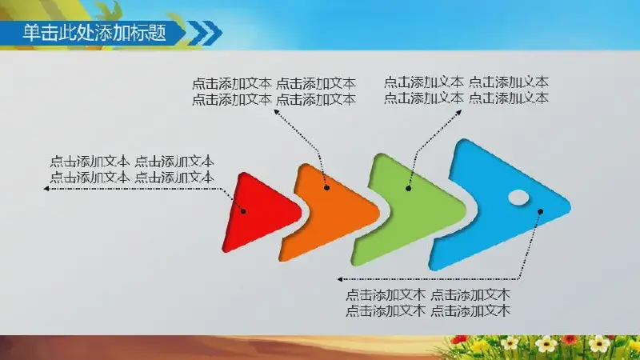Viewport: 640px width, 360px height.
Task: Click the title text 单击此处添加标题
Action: [94, 33]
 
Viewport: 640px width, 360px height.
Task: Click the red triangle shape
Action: [258, 212]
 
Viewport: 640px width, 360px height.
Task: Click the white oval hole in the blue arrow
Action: [518, 198]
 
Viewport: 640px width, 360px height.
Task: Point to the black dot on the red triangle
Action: [243, 211]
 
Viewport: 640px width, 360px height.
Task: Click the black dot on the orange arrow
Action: [326, 188]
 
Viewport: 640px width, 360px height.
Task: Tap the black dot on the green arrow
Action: [408, 188]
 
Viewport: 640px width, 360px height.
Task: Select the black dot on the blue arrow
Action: [541, 211]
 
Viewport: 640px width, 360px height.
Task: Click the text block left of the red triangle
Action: [132, 170]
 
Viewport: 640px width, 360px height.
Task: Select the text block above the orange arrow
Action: [274, 91]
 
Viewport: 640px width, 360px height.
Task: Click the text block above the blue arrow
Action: [466, 90]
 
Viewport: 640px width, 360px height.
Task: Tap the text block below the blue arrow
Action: [428, 303]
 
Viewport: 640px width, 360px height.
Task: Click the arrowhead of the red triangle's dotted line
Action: [46, 189]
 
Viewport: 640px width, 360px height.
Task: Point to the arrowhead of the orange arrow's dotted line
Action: [276, 112]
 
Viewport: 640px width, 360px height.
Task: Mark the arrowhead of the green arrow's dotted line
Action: [458, 112]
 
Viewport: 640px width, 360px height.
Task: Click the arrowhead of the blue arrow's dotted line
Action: [340, 279]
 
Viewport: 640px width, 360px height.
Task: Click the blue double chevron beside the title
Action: [206, 33]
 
